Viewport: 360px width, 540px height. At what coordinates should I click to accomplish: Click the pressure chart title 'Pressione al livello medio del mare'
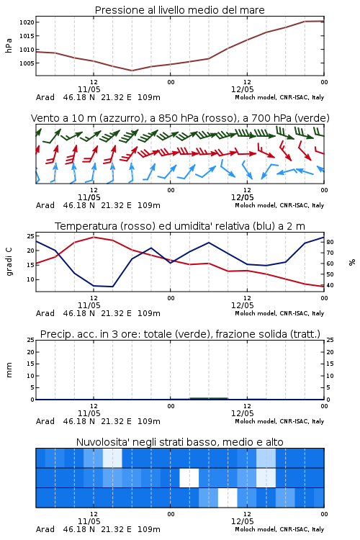coord(179,10)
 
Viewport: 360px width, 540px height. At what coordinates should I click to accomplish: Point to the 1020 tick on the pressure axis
coord(27,22)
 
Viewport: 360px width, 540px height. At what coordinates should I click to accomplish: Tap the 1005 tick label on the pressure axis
coord(27,63)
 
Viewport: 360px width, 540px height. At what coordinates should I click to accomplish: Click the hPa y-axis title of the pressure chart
coord(9,45)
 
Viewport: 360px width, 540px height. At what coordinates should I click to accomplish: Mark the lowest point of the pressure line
coord(132,71)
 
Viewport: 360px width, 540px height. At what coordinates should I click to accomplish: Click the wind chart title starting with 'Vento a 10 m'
coord(180,118)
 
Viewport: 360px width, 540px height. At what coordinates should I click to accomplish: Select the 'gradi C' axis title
coord(9,262)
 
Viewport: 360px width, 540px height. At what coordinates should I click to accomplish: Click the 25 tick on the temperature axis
coord(31,236)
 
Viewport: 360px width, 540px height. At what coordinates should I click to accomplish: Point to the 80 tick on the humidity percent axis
coord(330,242)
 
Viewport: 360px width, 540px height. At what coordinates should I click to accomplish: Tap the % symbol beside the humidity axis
coord(352,262)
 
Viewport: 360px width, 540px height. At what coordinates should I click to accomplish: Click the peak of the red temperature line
coord(94,238)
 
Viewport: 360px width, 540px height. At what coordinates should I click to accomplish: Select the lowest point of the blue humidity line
coord(112,287)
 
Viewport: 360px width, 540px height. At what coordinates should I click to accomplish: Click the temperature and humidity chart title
coord(180,226)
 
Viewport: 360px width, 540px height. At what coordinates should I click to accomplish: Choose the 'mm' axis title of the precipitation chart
coord(9,370)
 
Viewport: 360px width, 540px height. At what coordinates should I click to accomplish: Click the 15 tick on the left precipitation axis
coord(31,364)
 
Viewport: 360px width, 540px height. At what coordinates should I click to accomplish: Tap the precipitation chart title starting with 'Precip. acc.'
coord(180,334)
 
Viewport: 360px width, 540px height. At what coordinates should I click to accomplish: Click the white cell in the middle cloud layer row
coord(189,477)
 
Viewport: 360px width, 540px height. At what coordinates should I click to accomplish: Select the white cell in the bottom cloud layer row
coord(228,498)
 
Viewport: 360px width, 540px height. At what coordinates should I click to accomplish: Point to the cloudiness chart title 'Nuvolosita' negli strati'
coord(179,442)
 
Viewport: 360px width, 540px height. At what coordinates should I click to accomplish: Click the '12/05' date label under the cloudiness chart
coord(242,521)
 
